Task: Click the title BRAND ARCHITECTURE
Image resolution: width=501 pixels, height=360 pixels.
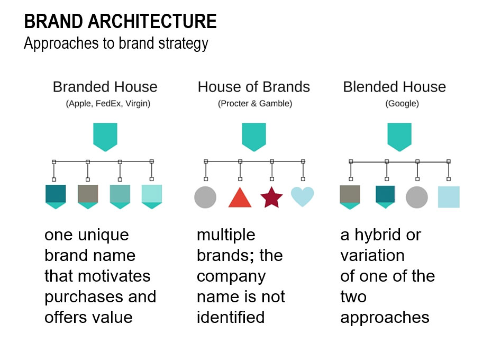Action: click(121, 21)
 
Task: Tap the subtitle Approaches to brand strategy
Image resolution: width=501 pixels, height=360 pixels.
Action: click(116, 43)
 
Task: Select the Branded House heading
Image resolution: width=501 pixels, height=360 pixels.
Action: click(105, 87)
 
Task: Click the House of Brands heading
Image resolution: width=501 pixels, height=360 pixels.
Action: click(254, 87)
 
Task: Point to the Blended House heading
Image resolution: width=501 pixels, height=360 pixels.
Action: click(394, 87)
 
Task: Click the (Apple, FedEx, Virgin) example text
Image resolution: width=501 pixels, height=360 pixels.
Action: click(108, 104)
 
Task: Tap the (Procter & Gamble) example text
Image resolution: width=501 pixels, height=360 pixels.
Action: click(255, 104)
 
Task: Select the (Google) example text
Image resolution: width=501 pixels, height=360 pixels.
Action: click(402, 104)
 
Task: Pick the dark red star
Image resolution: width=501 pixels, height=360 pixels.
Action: click(271, 197)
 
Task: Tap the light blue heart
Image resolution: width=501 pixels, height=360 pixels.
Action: click(303, 196)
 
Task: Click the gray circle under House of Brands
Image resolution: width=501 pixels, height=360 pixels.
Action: click(205, 197)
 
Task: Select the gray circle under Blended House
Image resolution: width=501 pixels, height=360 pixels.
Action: click(417, 197)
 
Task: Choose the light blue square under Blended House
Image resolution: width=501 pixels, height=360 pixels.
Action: click(449, 197)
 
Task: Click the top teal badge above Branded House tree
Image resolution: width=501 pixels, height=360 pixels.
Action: click(105, 137)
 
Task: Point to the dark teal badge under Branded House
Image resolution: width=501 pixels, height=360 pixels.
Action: click(56, 196)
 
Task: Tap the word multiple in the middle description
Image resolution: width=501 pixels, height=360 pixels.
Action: click(226, 235)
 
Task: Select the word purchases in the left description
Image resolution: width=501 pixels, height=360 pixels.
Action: click(84, 298)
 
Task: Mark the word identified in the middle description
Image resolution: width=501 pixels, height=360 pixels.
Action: click(231, 318)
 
